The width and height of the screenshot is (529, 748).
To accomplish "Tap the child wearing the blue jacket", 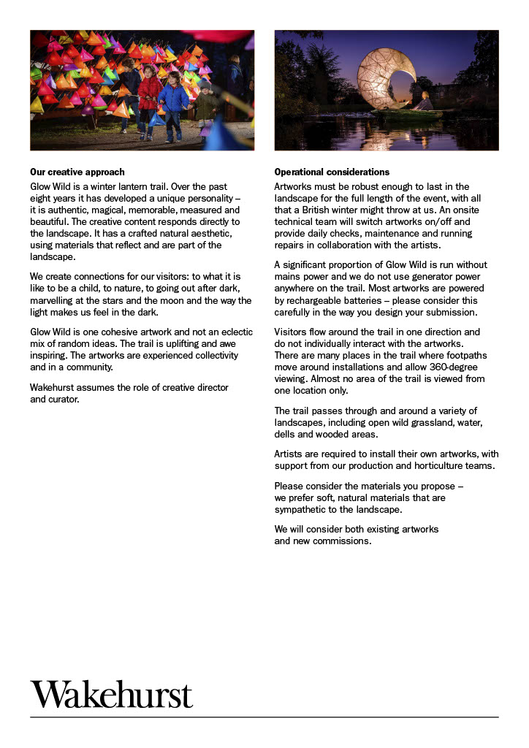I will click(174, 99).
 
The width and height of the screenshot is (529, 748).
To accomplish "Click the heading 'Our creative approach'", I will click(77, 172).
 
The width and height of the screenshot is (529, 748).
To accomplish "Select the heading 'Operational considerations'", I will click(332, 172).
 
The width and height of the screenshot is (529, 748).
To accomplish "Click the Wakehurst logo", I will click(112, 694).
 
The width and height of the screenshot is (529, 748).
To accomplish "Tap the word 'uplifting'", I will click(167, 343).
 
